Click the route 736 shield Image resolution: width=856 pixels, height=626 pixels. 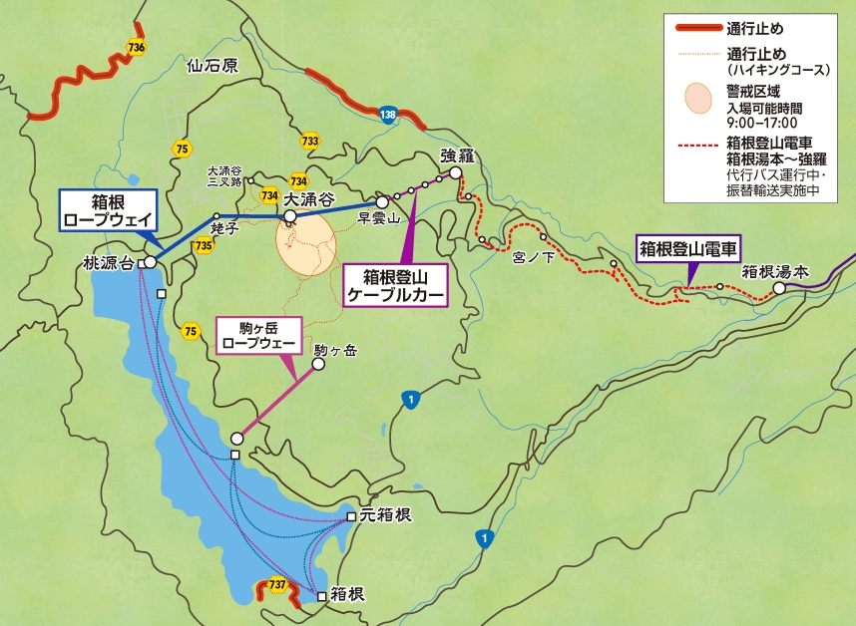137,47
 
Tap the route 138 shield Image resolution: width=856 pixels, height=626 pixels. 388,117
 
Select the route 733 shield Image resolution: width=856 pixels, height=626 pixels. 309,142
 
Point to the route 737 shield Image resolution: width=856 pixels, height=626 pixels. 277,584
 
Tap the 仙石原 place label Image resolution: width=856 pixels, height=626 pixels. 213,68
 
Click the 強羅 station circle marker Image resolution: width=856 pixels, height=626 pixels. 455,172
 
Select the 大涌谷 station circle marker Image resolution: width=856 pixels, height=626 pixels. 289,215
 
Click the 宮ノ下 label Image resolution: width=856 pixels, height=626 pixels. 532,257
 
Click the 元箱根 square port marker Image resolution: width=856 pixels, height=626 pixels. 351,516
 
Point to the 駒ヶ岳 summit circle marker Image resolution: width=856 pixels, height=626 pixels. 319,365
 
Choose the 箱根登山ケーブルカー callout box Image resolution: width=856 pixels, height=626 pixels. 395,284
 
